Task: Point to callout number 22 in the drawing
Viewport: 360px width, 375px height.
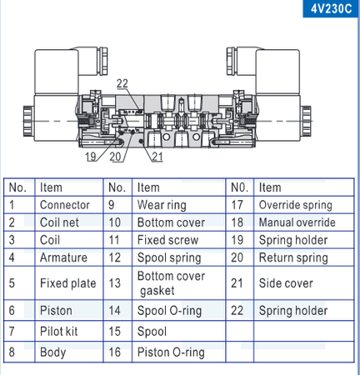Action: (122, 82)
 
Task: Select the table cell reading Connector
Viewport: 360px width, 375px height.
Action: (64, 205)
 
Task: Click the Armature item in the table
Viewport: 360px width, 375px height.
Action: (63, 258)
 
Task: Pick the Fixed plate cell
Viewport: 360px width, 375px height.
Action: (67, 283)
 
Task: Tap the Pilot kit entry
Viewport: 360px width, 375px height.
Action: (59, 332)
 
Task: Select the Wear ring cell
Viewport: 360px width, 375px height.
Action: (162, 205)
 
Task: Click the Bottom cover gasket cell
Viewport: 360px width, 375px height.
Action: (171, 283)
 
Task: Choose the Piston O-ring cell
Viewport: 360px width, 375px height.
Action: (171, 352)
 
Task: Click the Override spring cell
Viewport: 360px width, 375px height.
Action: (295, 205)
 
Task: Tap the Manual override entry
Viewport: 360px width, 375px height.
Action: (297, 222)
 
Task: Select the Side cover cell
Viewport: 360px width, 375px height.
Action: (286, 283)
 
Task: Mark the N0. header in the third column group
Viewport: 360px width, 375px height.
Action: (240, 187)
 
